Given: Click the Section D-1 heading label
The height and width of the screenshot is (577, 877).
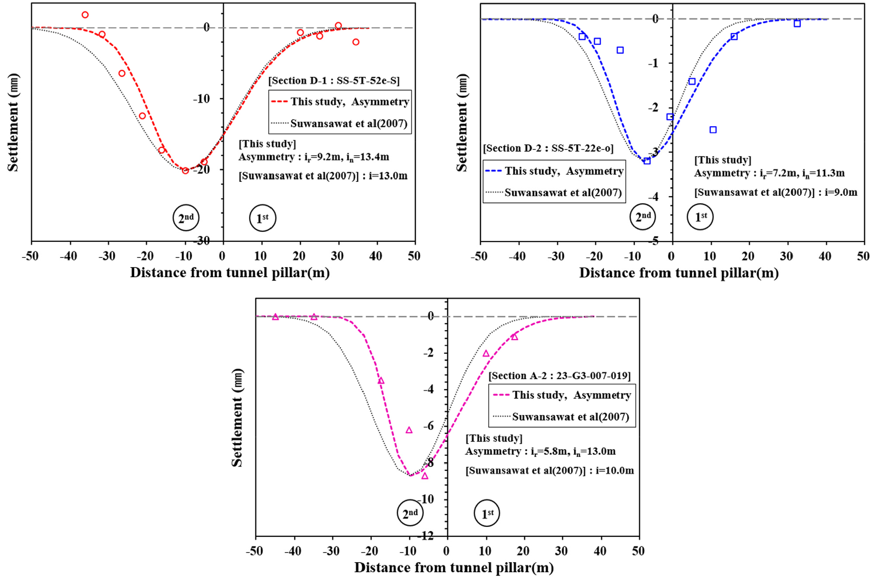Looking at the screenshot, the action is tap(334, 80).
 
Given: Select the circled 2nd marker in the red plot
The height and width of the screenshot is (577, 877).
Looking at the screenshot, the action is tap(186, 218).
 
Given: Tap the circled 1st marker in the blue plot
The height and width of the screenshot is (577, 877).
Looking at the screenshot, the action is tap(700, 217).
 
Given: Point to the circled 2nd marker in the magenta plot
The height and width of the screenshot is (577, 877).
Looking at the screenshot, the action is tap(410, 513).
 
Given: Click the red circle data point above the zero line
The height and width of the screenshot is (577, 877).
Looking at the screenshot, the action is tap(85, 15).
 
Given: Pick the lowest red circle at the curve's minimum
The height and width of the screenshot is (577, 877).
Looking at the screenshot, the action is tap(185, 170).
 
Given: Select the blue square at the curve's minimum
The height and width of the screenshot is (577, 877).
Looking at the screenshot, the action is tap(647, 161).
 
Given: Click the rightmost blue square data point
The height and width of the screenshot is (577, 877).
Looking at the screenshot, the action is tap(797, 24).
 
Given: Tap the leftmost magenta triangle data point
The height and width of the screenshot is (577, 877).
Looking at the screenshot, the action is tap(275, 317).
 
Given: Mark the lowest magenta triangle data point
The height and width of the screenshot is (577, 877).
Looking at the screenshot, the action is tap(425, 476).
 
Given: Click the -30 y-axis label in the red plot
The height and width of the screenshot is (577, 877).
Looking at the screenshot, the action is tap(201, 240).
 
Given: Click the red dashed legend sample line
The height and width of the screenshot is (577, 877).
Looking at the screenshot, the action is tap(279, 102).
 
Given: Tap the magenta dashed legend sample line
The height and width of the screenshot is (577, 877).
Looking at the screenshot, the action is tap(501, 395).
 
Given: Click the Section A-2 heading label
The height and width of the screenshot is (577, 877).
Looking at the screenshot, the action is tap(559, 375).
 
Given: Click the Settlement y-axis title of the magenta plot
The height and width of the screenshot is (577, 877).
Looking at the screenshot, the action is tap(237, 417).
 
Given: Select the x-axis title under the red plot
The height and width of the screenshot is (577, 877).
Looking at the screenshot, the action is tap(230, 273).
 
